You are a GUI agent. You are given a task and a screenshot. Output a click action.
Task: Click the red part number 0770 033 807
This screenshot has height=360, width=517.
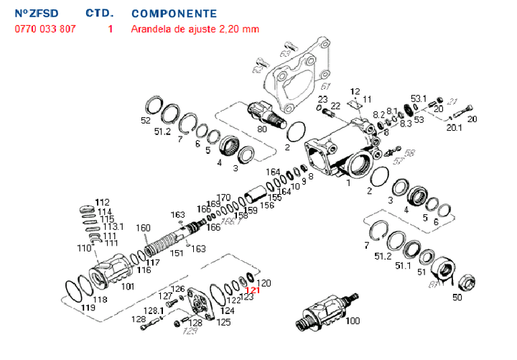tap(45, 29)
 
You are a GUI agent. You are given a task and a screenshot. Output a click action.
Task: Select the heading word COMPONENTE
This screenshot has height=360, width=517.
tap(174, 14)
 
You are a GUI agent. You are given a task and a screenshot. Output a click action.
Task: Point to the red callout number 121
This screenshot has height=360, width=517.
tap(251, 291)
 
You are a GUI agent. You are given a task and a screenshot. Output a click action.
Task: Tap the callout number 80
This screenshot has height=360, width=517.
tap(261, 129)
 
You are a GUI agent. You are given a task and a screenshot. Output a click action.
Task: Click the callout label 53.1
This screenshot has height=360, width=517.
tap(419, 98)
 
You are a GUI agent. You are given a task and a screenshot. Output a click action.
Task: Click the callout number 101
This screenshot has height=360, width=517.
tap(127, 287)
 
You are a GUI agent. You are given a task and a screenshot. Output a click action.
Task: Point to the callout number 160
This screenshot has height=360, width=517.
tap(144, 229)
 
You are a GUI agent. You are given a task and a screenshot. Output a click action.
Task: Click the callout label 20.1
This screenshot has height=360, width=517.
tap(455, 128)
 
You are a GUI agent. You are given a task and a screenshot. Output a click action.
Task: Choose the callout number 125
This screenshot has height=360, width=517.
tap(224, 323)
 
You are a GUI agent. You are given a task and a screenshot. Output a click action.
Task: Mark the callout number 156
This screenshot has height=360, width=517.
tap(266, 206)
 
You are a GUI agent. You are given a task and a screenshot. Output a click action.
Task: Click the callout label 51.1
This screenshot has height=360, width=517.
tap(403, 266)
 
